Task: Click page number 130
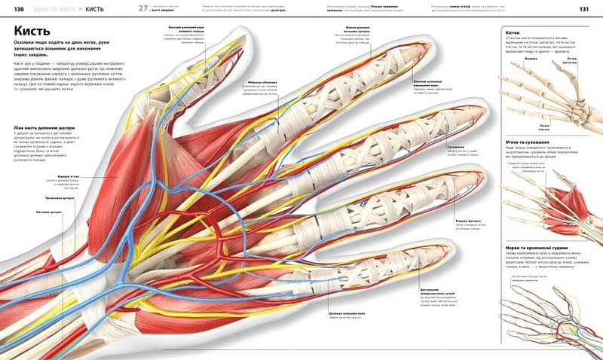point(11,8)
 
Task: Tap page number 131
point(583,8)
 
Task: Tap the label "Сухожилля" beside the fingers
point(456,148)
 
